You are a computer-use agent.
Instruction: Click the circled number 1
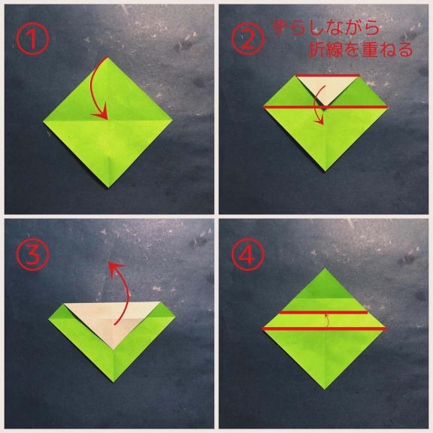pyautogui.click(x=32, y=38)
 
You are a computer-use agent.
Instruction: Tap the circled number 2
pyautogui.click(x=247, y=38)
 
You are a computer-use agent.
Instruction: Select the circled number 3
pyautogui.click(x=32, y=254)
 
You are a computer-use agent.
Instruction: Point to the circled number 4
pyautogui.click(x=247, y=254)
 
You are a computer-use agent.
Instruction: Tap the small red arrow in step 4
pyautogui.click(x=327, y=319)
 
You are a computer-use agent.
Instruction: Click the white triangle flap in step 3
pyautogui.click(x=113, y=320)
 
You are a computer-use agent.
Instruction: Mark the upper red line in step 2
pyautogui.click(x=328, y=75)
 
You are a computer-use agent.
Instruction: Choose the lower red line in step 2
pyautogui.click(x=326, y=107)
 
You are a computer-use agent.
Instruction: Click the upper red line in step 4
pyautogui.click(x=324, y=312)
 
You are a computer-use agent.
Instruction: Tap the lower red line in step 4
pyautogui.click(x=324, y=329)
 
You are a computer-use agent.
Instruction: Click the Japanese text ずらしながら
pyautogui.click(x=326, y=28)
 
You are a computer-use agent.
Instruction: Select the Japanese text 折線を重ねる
pyautogui.click(x=361, y=50)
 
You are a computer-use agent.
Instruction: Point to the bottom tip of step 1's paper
pyautogui.click(x=108, y=187)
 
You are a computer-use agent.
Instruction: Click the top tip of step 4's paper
pyautogui.click(x=325, y=268)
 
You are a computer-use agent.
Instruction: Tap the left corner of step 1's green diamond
pyautogui.click(x=44, y=121)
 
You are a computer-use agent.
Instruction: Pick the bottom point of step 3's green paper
pyautogui.click(x=114, y=382)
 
